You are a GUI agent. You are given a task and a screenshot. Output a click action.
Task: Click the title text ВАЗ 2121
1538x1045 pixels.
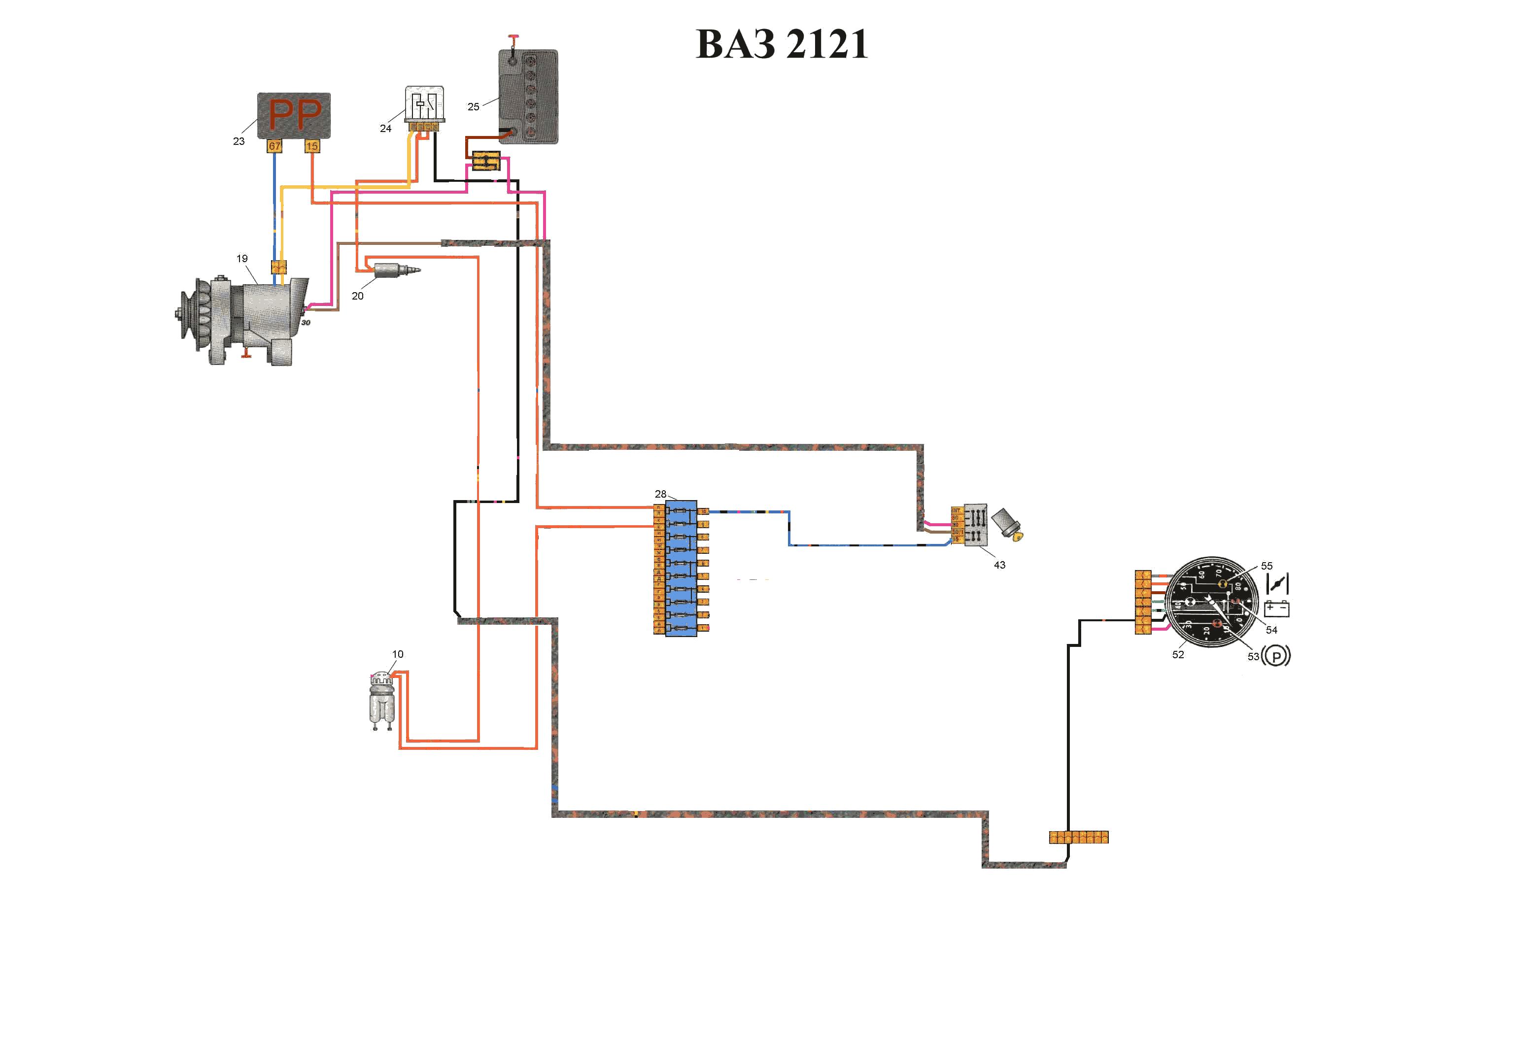point(782,44)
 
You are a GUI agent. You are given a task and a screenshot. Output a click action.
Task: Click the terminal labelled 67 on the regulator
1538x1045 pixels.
point(274,146)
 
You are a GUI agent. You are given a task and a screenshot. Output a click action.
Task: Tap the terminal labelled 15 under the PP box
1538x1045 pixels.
point(312,146)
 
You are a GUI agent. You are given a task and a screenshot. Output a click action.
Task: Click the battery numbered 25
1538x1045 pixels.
point(528,96)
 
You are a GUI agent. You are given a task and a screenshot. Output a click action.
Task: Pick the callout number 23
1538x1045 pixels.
point(239,141)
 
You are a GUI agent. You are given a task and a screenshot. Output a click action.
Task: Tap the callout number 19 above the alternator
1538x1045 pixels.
point(242,259)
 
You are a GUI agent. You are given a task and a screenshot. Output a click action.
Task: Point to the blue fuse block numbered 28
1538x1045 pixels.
point(681,568)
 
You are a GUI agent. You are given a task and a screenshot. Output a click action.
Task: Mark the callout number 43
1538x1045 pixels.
point(999,565)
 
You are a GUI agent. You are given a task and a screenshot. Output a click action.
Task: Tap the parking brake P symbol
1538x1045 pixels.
point(1276,656)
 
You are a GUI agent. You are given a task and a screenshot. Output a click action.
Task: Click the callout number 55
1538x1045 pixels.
point(1266,566)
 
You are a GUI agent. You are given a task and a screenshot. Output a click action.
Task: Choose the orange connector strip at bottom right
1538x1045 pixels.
point(1079,837)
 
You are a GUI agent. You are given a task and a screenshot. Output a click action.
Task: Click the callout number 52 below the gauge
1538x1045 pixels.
point(1178,654)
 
